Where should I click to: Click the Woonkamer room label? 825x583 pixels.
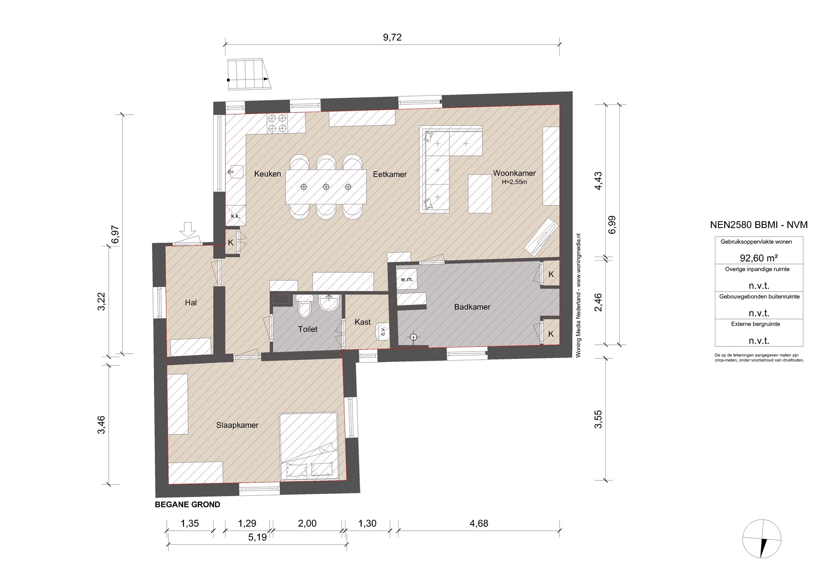[514, 173]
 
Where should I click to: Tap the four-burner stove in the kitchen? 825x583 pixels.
[277, 123]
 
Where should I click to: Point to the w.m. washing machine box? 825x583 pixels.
[406, 279]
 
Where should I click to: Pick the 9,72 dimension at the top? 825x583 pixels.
[392, 37]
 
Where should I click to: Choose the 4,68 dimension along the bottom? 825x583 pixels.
[479, 523]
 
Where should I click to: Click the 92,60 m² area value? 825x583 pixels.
[759, 258]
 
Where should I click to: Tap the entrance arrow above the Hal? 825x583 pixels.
[187, 229]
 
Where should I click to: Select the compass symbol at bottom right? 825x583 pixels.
[762, 539]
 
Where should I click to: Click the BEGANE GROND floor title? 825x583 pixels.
[187, 505]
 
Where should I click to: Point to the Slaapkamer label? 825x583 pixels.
[237, 425]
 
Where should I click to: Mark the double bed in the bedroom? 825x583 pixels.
[308, 446]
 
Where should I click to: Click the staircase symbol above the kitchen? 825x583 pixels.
[249, 74]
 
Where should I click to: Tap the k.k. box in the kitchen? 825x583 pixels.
[236, 216]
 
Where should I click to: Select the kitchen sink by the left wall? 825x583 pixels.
[235, 172]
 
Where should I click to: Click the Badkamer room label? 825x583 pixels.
[472, 307]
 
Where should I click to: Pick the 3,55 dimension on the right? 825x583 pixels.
[598, 419]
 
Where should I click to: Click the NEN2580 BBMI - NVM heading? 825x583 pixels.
[759, 225]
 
